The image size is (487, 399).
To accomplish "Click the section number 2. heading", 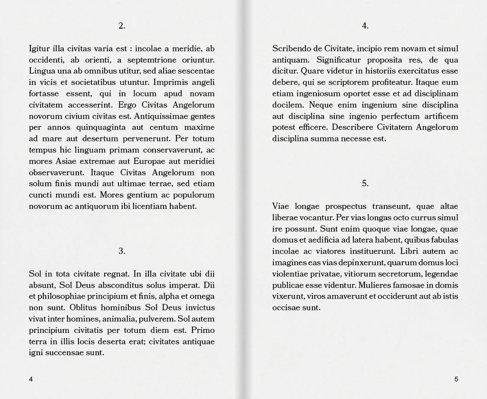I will coord(122,26).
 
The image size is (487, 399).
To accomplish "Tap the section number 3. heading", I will coord(122,251).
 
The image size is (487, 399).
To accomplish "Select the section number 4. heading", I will coord(365,26).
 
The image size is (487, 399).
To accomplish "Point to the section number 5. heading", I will coord(365,183).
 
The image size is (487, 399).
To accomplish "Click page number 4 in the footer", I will coord(31,379).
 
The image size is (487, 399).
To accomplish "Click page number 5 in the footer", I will coord(456,379).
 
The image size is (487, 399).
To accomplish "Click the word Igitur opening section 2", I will coord(39,49).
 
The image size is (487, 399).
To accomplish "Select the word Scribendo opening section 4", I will coord(290,49).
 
